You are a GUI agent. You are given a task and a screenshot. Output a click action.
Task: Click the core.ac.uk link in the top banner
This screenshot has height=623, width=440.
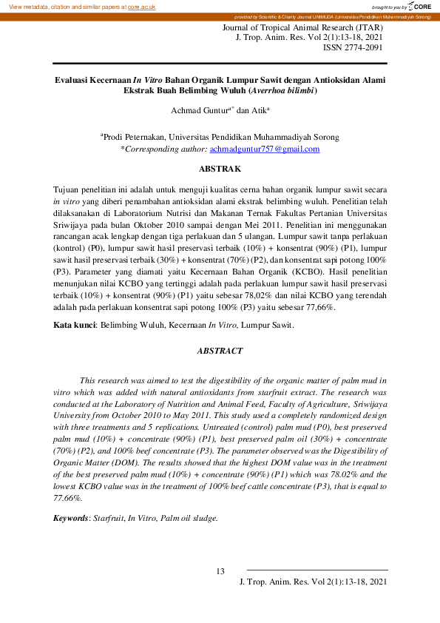point(141,6)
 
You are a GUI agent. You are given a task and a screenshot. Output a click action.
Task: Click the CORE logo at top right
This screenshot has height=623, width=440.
point(419,6)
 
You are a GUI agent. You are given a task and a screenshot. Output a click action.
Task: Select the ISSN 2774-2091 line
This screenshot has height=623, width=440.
point(353,47)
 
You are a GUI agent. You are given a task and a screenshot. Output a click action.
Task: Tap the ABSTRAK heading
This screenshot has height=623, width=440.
point(220,169)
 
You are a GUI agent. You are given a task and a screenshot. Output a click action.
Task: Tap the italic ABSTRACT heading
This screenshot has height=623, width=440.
point(220,350)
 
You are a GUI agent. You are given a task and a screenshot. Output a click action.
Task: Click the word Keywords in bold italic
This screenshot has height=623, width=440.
point(71,518)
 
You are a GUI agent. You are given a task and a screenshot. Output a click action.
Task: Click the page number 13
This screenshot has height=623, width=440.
point(220,570)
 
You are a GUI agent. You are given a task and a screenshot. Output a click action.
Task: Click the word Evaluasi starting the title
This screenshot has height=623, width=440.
point(75,79)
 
